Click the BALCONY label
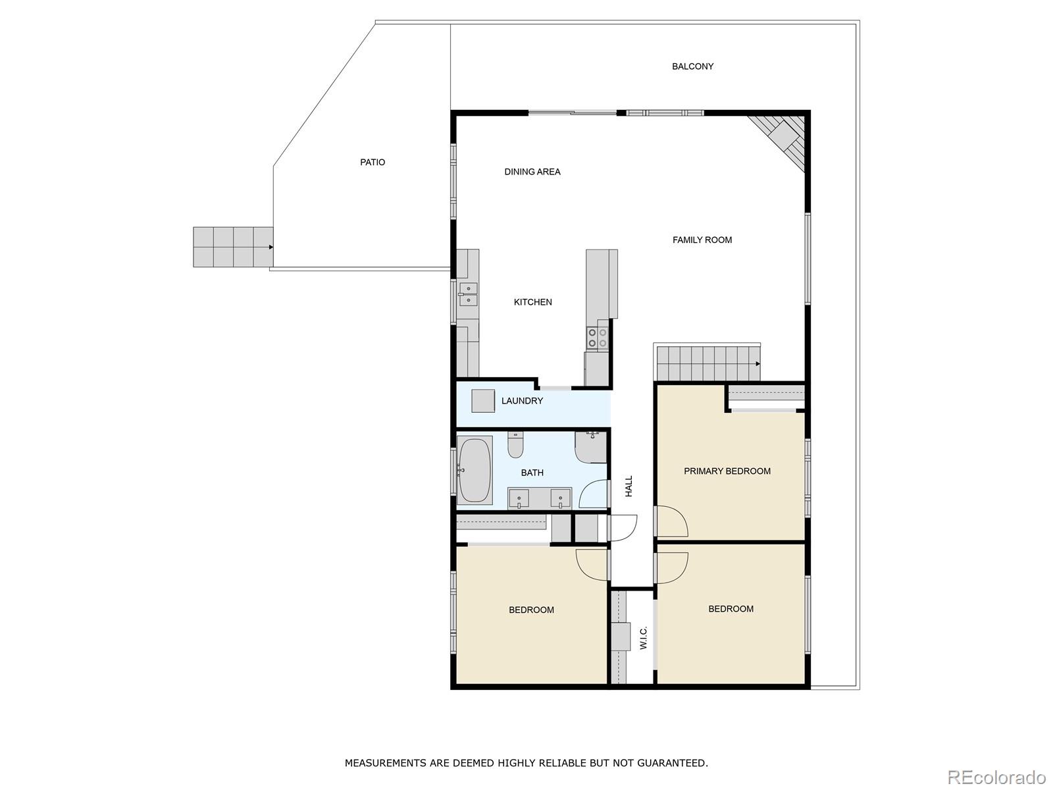pyautogui.click(x=692, y=66)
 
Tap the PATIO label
pyautogui.click(x=372, y=163)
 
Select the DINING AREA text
pyautogui.click(x=532, y=172)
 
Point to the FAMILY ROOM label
pyautogui.click(x=702, y=240)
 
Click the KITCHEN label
pyautogui.click(x=532, y=302)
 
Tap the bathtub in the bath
pyautogui.click(x=475, y=470)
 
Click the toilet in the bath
pyautogui.click(x=515, y=446)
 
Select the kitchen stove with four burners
pyautogui.click(x=598, y=338)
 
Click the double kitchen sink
pyautogui.click(x=468, y=294)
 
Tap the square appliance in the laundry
pyautogui.click(x=483, y=401)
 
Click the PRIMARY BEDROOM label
pyautogui.click(x=727, y=471)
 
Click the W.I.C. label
pyautogui.click(x=644, y=637)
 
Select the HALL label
pyautogui.click(x=629, y=486)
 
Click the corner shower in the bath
pyautogui.click(x=590, y=446)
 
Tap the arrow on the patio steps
pyautogui.click(x=270, y=247)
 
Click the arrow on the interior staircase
pyautogui.click(x=758, y=363)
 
